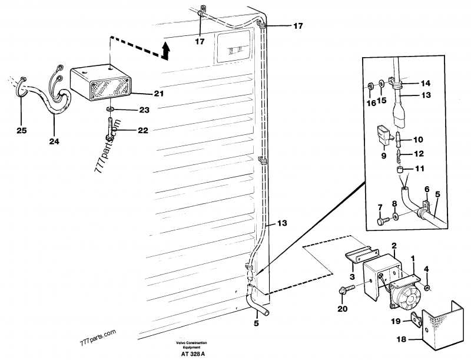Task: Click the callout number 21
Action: [x=142, y=94]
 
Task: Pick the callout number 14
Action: [x=426, y=83]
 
